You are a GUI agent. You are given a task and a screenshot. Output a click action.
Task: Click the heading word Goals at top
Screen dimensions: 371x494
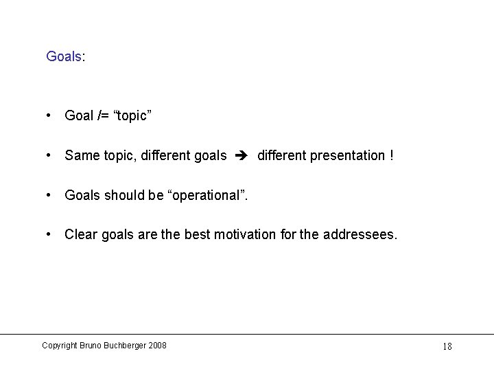coord(63,56)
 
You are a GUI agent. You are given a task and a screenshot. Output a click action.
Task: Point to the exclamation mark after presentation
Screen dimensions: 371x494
coord(392,155)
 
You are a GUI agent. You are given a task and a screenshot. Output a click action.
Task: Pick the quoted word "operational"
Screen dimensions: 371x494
coord(207,195)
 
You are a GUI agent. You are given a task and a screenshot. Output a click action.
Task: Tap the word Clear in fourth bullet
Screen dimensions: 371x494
coord(81,235)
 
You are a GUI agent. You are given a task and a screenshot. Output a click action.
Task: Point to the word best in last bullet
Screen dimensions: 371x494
coord(198,235)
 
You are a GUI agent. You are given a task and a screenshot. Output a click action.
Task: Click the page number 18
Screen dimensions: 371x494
coord(447,346)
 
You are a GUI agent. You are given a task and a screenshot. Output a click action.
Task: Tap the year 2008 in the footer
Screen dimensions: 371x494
coord(157,345)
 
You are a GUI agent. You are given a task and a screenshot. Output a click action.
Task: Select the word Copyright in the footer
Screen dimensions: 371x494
coord(59,345)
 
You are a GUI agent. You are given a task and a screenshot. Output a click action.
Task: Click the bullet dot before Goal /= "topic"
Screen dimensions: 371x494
coord(49,115)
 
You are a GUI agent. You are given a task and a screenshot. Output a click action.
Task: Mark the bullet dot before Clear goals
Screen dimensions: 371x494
coord(49,235)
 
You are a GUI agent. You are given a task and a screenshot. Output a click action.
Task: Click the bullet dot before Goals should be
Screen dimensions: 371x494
coord(49,195)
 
